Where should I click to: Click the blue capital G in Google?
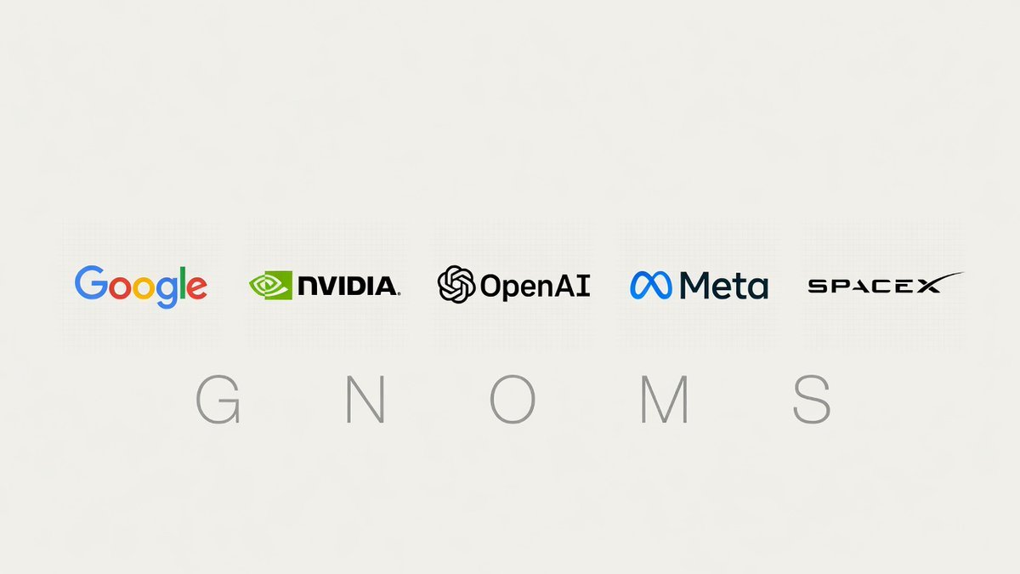[91, 283]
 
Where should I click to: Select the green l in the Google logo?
[183, 283]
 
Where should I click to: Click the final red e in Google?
[196, 288]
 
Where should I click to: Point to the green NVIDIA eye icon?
[270, 285]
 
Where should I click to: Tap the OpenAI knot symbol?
[456, 284]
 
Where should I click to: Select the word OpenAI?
[535, 287]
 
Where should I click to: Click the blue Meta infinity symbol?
[651, 285]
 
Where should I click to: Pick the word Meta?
[724, 286]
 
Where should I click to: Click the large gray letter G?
[218, 400]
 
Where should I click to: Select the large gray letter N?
[365, 400]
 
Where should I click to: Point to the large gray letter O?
[513, 400]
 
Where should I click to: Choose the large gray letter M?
[665, 400]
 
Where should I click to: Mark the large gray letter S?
[812, 400]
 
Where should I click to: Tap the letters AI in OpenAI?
[577, 286]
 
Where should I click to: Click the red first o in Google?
[120, 288]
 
